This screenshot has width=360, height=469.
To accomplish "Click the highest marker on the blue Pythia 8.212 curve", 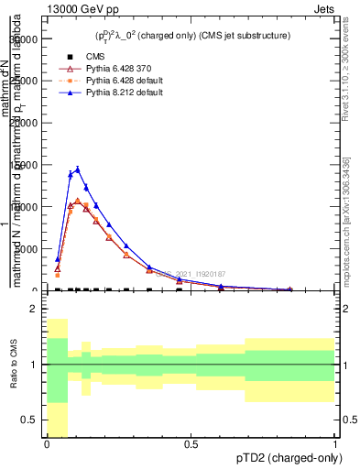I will tap(78, 169).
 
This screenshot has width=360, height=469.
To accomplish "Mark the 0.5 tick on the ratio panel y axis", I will tap(30, 420).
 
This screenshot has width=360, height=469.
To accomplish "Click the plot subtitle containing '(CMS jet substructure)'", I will tap(192, 36).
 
